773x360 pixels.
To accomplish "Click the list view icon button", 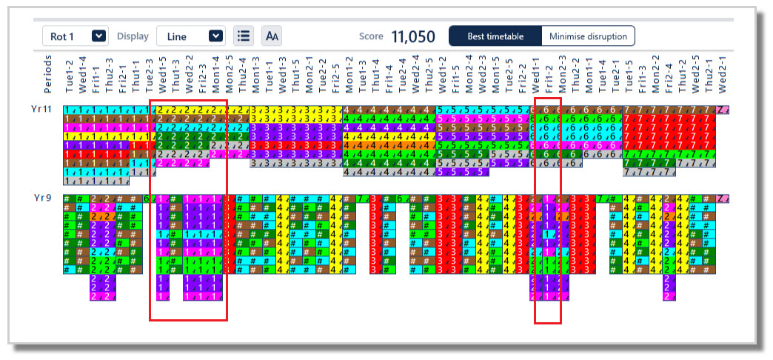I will [x=243, y=36].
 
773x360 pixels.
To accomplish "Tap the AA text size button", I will [x=272, y=36].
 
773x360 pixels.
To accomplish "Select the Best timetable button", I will [x=495, y=36].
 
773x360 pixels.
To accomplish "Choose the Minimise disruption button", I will [x=588, y=36].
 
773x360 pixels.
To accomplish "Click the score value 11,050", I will [x=412, y=36].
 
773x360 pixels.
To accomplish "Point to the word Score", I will [x=371, y=36].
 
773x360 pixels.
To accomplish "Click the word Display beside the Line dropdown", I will [x=133, y=36].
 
